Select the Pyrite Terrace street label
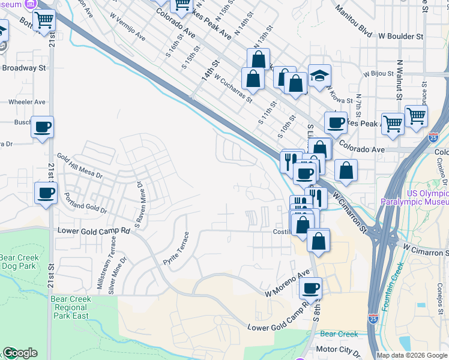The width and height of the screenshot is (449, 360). tap(176, 250)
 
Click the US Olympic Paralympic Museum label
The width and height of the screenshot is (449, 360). tap(415, 198)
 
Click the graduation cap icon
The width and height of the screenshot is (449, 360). tap(319, 76)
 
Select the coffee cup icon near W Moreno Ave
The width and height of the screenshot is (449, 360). tap(311, 289)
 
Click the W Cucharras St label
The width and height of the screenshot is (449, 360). tap(232, 88)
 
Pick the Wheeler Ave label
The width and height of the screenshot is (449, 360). tap(27, 102)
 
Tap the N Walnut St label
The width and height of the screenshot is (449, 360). tap(399, 79)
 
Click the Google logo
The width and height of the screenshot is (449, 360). tap(20, 353)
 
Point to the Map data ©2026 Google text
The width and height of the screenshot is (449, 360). tap(412, 355)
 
